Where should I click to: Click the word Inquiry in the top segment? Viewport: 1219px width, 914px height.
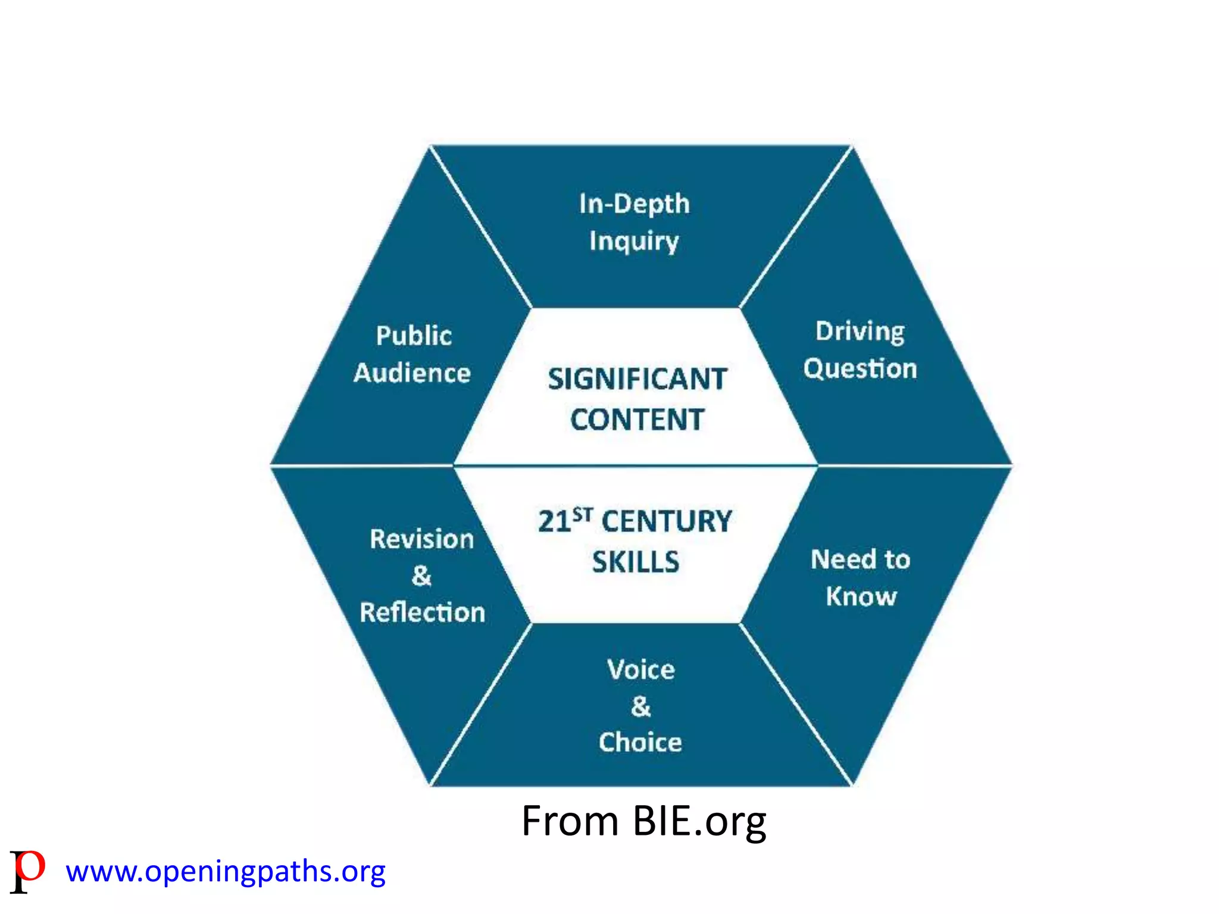coord(634,242)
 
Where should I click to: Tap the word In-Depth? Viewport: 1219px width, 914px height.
coord(634,204)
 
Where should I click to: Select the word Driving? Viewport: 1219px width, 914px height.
coord(859,331)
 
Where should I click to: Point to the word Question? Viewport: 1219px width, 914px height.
coord(860,369)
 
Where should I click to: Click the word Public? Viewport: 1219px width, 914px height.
coord(414,336)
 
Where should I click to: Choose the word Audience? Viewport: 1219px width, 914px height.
coord(412,373)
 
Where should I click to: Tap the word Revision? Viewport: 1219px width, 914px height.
coord(421,539)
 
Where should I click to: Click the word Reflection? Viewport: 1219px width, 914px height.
coord(423,612)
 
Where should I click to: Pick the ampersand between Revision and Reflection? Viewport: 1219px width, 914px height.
coord(421,575)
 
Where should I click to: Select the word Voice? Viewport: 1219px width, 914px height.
coord(641,670)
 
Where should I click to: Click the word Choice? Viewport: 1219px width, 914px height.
coord(640,743)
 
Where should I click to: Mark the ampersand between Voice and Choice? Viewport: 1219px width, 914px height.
coord(641,706)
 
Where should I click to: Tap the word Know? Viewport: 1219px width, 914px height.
coord(861,596)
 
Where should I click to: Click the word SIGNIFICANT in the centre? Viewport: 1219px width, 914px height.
coord(637,379)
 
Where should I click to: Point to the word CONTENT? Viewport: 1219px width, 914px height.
coord(637,420)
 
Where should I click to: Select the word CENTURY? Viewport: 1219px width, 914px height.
coord(667,521)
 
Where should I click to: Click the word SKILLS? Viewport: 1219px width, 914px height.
coord(636,562)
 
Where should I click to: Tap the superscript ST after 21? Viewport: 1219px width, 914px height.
coord(583,514)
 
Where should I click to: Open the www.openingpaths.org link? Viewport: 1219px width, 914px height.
coord(226,872)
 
